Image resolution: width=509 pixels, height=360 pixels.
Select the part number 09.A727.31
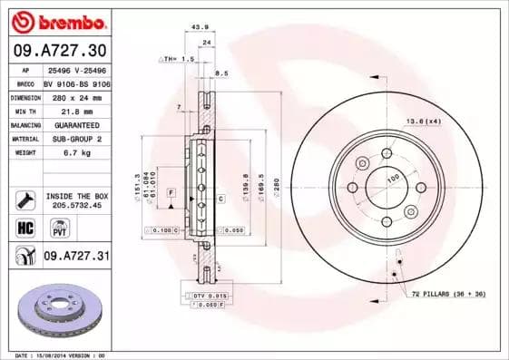tap(76, 257)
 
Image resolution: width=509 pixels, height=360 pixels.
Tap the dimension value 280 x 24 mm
tap(76, 96)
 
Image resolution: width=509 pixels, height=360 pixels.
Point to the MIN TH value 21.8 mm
tap(76, 110)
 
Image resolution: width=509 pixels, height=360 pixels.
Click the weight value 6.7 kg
tap(76, 153)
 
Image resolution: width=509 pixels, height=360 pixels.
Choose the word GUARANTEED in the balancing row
tap(76, 124)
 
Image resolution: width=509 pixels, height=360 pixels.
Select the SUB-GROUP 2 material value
tap(76, 139)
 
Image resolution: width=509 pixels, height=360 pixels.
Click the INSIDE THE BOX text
tap(76, 196)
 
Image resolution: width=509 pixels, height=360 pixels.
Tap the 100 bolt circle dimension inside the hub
tap(393, 180)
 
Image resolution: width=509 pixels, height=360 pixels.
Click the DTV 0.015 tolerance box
tap(209, 297)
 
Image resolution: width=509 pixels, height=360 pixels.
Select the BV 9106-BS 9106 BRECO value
tap(76, 82)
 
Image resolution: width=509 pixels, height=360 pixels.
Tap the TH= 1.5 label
tap(178, 58)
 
